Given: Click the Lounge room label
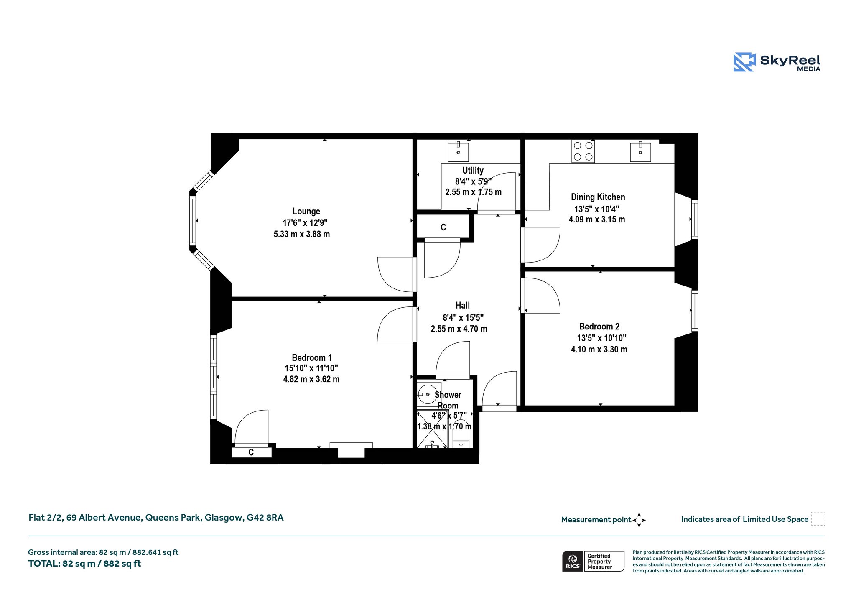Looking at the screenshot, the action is coord(306,212).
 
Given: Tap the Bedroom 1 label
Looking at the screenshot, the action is coord(311,358).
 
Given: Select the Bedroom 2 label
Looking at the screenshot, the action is coord(599,327).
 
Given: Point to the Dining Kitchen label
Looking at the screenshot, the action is coord(598,197).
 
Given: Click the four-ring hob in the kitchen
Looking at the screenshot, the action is coord(583,151).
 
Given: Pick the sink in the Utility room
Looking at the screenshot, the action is coord(459,152).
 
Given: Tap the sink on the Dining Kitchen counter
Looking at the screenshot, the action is coord(641,152).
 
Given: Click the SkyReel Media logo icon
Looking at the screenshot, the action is coord(744,62).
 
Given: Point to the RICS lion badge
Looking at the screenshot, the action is coord(573,561).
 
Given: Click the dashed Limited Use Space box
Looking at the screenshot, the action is coord(818,519).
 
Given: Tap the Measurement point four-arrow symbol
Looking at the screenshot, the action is coord(639,520).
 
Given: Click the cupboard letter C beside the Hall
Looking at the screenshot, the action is coord(443,227).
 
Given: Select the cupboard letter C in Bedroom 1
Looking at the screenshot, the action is coord(251,452).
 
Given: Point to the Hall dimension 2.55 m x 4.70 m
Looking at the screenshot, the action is coord(459,329).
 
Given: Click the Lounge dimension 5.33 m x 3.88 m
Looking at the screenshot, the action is coord(302,235).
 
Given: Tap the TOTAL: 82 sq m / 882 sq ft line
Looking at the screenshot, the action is coord(84,564).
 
